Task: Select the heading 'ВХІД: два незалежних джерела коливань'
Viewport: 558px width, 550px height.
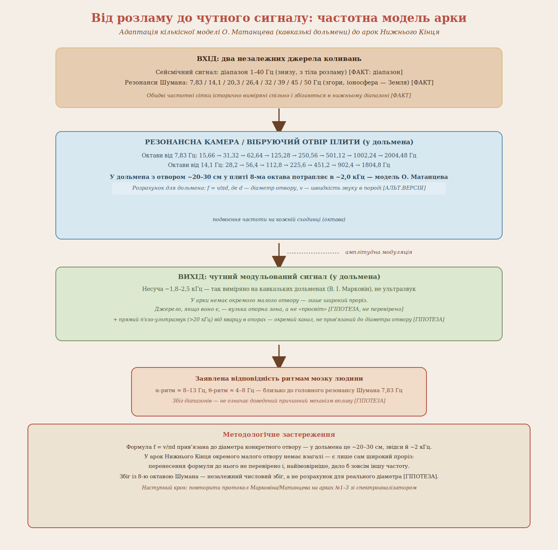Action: coord(279,59)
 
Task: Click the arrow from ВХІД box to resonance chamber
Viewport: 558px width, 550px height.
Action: coord(279,120)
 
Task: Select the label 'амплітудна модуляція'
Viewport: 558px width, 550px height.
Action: coord(379,252)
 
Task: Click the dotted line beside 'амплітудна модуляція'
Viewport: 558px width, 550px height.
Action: coord(313,253)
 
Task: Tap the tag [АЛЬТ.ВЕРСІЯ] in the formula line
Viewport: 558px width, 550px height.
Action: coord(404,188)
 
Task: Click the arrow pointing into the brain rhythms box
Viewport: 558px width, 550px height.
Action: coord(279,356)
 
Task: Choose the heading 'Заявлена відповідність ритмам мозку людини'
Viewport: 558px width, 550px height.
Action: coord(279,379)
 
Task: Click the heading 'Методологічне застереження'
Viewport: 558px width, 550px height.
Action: coord(279,434)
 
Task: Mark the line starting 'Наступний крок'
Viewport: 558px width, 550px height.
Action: coord(279,488)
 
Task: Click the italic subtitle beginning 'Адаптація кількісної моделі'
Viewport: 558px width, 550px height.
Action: coord(279,32)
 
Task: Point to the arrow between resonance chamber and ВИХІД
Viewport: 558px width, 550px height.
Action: coord(279,255)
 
